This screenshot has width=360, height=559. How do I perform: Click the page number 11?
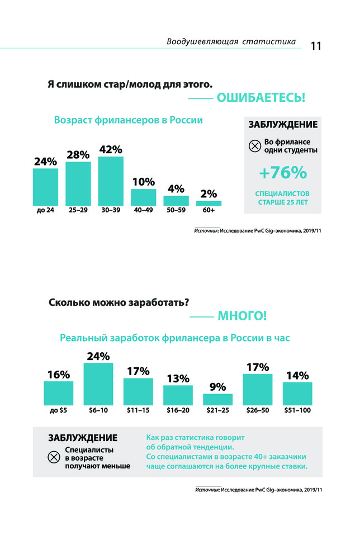(316, 46)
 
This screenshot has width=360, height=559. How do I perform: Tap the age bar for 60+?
(209, 203)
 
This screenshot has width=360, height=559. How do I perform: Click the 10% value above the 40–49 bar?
(143, 182)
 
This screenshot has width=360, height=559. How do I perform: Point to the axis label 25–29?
(78, 211)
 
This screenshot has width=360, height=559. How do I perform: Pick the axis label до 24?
(45, 211)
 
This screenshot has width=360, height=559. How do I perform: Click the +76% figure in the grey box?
(282, 173)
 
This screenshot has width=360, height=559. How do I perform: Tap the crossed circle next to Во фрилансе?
(254, 146)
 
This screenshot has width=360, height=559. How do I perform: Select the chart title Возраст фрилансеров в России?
(128, 120)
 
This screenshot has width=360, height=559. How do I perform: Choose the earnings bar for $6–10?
(98, 384)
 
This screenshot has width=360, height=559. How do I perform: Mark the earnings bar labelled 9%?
(217, 399)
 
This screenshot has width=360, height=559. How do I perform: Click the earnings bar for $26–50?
(257, 390)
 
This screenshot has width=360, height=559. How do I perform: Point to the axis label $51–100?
(297, 410)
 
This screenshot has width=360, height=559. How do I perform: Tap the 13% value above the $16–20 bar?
(178, 378)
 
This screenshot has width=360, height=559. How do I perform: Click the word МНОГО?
(242, 316)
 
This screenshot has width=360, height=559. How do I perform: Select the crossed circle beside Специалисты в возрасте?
(54, 457)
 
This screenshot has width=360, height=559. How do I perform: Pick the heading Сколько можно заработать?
(119, 302)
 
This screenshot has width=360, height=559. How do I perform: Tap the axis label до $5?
(58, 410)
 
